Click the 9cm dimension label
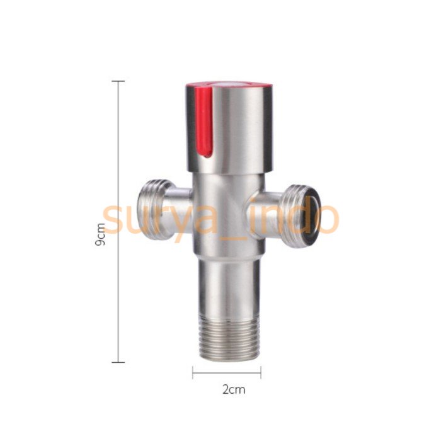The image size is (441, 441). click(x=100, y=234)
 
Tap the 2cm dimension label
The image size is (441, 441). click(x=233, y=389)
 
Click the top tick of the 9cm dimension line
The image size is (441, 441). click(x=118, y=81)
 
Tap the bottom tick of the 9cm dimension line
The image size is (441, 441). click(x=118, y=362)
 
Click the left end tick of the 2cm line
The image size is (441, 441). click(x=193, y=373)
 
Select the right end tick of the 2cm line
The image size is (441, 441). click(x=261, y=373)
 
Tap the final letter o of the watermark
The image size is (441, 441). click(x=326, y=218)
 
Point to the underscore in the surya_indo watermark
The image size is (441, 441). click(x=239, y=232)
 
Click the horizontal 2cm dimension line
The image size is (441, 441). click(x=227, y=373)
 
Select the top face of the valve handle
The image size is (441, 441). click(x=230, y=85)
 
